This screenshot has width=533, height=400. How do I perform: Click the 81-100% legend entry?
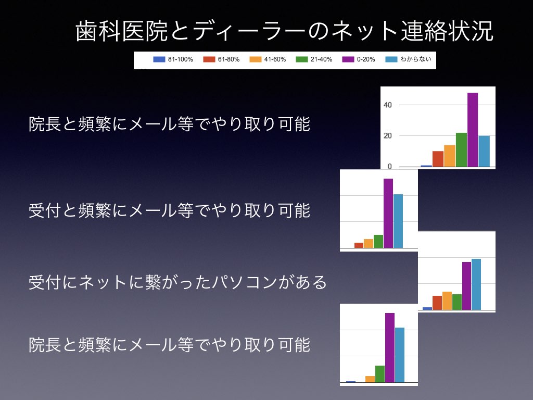173,59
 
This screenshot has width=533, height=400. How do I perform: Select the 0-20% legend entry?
358,59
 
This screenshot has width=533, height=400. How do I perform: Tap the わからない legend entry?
408,59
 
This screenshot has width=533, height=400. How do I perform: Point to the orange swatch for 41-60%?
255,59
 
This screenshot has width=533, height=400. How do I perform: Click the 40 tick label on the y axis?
387,105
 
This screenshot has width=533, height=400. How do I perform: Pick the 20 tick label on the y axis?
387,136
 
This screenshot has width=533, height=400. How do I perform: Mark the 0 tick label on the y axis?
389,166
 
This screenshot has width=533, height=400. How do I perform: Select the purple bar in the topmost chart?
473,130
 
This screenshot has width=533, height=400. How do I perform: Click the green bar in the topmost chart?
461,149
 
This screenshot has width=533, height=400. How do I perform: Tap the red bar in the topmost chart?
438,159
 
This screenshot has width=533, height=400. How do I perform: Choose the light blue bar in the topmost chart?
484,152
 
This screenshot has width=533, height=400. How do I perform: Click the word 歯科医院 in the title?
121,31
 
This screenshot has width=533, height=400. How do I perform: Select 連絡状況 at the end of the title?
447,31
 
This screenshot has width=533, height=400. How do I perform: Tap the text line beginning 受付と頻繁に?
169,210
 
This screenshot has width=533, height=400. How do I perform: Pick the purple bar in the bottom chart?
390,347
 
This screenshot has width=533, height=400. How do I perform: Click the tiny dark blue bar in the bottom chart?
351,382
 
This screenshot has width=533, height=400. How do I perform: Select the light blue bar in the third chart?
476,284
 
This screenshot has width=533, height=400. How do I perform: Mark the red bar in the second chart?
359,245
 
